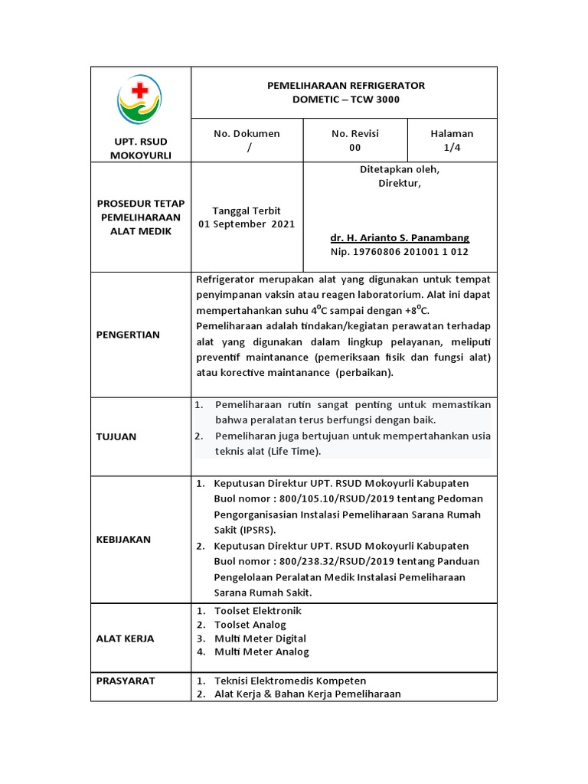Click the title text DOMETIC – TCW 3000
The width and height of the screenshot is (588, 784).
[345, 100]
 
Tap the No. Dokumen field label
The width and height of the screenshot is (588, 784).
[247, 133]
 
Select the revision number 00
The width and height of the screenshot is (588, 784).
[354, 148]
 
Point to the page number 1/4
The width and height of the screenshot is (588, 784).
[452, 148]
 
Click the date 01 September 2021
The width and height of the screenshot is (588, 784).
[247, 224]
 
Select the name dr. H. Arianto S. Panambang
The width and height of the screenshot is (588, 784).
[400, 237]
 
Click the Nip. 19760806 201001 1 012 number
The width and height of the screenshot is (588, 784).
[400, 251]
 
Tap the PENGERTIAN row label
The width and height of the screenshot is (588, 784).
[128, 335]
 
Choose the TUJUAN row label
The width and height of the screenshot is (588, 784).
[116, 436]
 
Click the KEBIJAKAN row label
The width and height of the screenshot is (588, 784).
[124, 539]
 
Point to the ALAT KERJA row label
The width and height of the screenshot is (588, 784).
[125, 638]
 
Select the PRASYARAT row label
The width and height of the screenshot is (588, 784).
[126, 680]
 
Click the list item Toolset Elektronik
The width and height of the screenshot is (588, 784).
[258, 611]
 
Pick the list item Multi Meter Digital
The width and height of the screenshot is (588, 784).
[260, 639]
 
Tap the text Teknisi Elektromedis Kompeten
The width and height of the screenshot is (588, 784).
[290, 681]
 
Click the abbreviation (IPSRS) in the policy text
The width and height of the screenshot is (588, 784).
[259, 529]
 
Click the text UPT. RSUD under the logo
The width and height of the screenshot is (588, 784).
[141, 142]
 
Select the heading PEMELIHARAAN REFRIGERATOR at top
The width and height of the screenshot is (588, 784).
[345, 86]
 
